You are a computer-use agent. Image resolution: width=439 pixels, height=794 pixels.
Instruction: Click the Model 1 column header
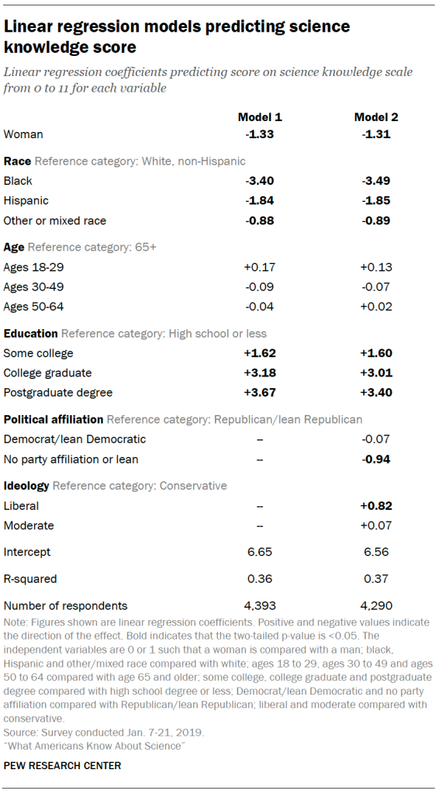[260, 117]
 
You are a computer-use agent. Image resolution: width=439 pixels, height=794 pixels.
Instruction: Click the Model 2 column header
[376, 117]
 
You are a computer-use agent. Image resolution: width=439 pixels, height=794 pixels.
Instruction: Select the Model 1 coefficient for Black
[260, 181]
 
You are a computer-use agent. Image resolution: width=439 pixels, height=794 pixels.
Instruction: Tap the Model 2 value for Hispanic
[376, 201]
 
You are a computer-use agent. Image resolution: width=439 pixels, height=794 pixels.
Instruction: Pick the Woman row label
[24, 134]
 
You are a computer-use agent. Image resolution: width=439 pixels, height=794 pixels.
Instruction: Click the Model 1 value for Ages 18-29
[260, 268]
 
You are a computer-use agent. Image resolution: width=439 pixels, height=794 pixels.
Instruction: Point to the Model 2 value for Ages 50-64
[376, 307]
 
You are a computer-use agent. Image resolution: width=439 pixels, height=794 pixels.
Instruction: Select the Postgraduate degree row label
[58, 392]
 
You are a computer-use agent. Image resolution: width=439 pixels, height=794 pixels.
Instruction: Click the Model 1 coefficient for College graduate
[260, 373]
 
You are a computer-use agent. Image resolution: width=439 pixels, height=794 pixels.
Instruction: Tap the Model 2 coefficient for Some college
[376, 353]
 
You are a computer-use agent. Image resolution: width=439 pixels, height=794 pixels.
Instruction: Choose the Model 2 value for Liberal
[376, 506]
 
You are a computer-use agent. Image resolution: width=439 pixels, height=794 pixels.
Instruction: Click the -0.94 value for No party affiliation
[376, 459]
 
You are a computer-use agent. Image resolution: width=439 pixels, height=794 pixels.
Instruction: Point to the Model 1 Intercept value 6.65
[260, 552]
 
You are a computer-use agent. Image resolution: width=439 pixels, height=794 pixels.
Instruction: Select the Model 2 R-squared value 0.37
[376, 578]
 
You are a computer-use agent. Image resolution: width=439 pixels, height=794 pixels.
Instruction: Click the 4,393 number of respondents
[260, 605]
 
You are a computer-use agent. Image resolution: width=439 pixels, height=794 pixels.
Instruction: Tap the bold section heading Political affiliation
[54, 419]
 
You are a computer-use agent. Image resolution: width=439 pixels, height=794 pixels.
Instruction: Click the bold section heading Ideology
[26, 486]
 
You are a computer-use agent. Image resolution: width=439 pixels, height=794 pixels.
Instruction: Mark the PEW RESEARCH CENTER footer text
[62, 765]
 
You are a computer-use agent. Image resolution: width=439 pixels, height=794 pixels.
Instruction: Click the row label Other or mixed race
[55, 220]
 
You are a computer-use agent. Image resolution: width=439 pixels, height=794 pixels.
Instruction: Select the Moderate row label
[29, 525]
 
